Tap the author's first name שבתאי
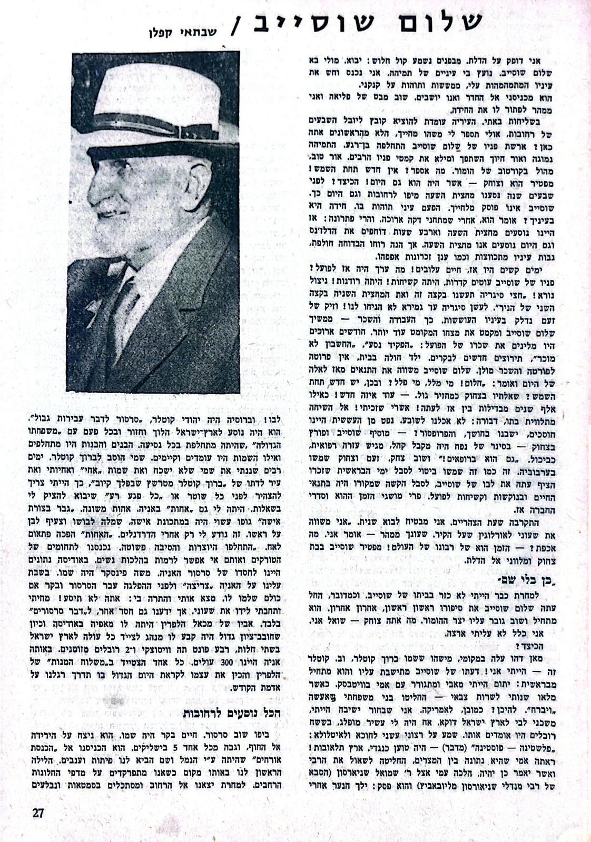coord(205,32)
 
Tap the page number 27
coord(38,813)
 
